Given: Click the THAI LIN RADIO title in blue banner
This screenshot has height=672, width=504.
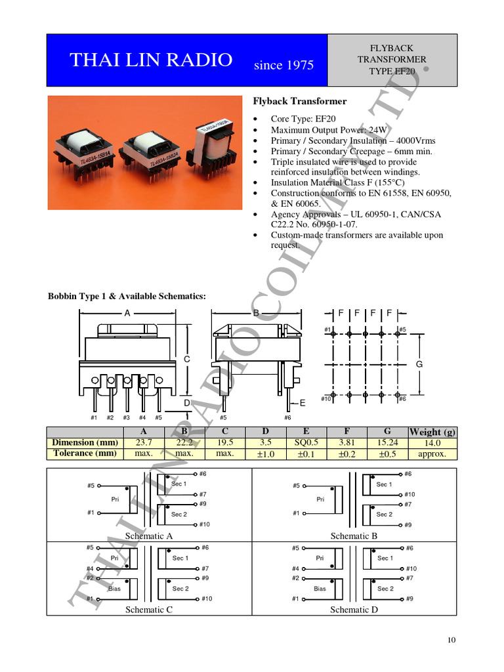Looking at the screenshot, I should click(x=151, y=60).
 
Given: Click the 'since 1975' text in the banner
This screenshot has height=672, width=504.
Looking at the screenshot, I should click(x=283, y=64).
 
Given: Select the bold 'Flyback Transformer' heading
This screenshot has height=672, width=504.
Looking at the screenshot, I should click(x=300, y=101).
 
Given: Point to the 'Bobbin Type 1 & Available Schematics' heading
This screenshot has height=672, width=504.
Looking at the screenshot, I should click(x=127, y=297).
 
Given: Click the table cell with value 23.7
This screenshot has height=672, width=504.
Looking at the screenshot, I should click(x=144, y=442).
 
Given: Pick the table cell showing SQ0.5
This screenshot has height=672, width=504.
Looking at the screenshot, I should click(x=306, y=442).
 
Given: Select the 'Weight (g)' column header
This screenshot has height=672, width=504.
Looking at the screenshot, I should click(x=432, y=432).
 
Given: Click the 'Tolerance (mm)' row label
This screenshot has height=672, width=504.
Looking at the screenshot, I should click(x=85, y=453).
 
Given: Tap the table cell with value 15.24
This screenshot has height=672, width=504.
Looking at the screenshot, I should click(x=387, y=442).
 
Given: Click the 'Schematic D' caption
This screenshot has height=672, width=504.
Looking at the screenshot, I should click(x=354, y=610).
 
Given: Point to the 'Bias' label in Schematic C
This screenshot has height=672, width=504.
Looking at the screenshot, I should click(x=114, y=589).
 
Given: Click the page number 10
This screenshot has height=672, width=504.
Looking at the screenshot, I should click(x=450, y=640).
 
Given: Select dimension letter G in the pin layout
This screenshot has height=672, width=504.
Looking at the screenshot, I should click(x=419, y=364).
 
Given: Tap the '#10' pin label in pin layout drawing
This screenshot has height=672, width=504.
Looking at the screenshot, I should click(x=325, y=398).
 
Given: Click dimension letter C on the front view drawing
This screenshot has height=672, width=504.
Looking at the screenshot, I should click(x=186, y=360).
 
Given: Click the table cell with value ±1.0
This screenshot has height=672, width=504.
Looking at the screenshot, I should click(x=266, y=453).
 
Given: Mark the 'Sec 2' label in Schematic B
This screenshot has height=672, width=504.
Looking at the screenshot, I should click(x=384, y=514).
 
